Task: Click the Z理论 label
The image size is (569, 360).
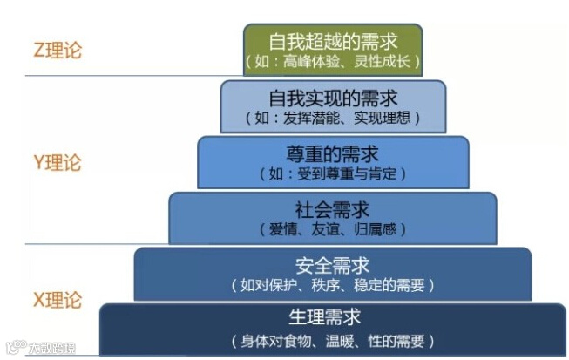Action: [57, 50]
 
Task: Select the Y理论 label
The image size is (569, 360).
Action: [57, 163]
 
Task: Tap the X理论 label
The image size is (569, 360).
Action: [57, 300]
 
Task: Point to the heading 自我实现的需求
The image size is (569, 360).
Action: [333, 98]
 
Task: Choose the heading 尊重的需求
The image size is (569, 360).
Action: [333, 154]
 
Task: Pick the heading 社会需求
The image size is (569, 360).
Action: [333, 210]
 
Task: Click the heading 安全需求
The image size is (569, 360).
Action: [333, 265]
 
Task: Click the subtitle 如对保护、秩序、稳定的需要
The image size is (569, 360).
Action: [333, 285]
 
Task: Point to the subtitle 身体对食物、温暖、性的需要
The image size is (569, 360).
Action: [333, 340]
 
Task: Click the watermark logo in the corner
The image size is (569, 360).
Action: [39, 349]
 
